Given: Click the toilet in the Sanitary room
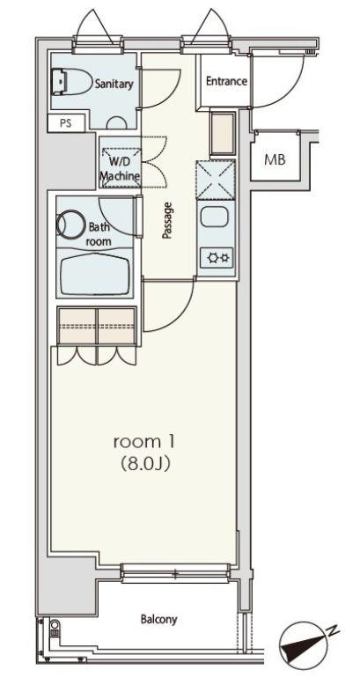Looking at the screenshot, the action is coord(72,81).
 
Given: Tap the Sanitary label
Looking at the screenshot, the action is coord(114,84).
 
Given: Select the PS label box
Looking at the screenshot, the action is coord(65,122).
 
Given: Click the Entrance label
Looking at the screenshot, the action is coord(226,81).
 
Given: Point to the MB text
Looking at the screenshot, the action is coord(275,160).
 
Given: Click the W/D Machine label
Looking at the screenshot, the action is coord(120,170).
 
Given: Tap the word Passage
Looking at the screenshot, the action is coord(166,220).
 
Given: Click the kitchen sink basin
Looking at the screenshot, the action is coord(215,217).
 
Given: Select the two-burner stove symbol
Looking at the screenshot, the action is coord(217,258).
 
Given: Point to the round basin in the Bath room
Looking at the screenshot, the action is coord(70,225).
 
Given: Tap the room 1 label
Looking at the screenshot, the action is coord(144,442).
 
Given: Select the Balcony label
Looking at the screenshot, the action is coord(159,619).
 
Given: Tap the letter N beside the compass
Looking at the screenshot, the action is coord(334,630).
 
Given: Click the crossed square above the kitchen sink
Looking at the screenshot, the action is coord(216,180).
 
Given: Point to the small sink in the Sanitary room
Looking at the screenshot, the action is coord(117,123).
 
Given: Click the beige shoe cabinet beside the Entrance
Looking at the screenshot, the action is coord(223,134).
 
